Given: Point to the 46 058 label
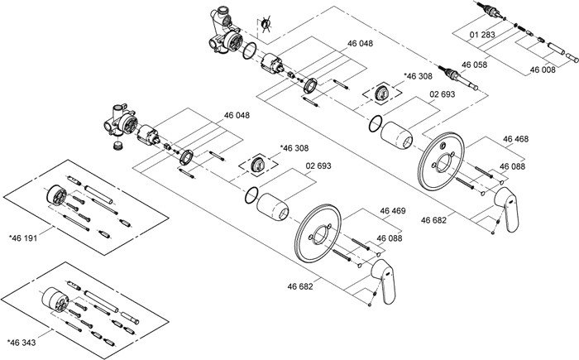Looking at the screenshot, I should click(x=474, y=64).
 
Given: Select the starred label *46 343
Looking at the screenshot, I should click(x=23, y=342).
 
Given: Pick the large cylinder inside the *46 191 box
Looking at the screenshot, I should click(x=56, y=194).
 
